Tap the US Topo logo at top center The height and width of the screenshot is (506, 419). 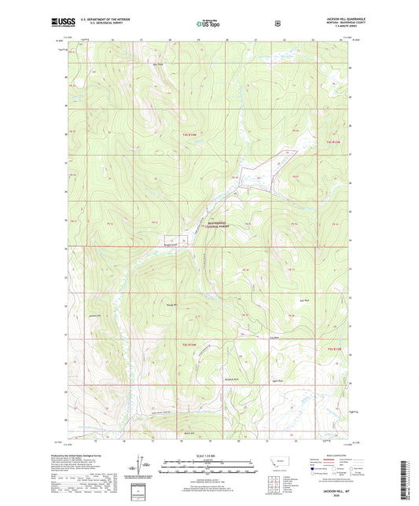[x=208, y=24]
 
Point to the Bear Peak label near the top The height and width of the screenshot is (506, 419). [x=158, y=64]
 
